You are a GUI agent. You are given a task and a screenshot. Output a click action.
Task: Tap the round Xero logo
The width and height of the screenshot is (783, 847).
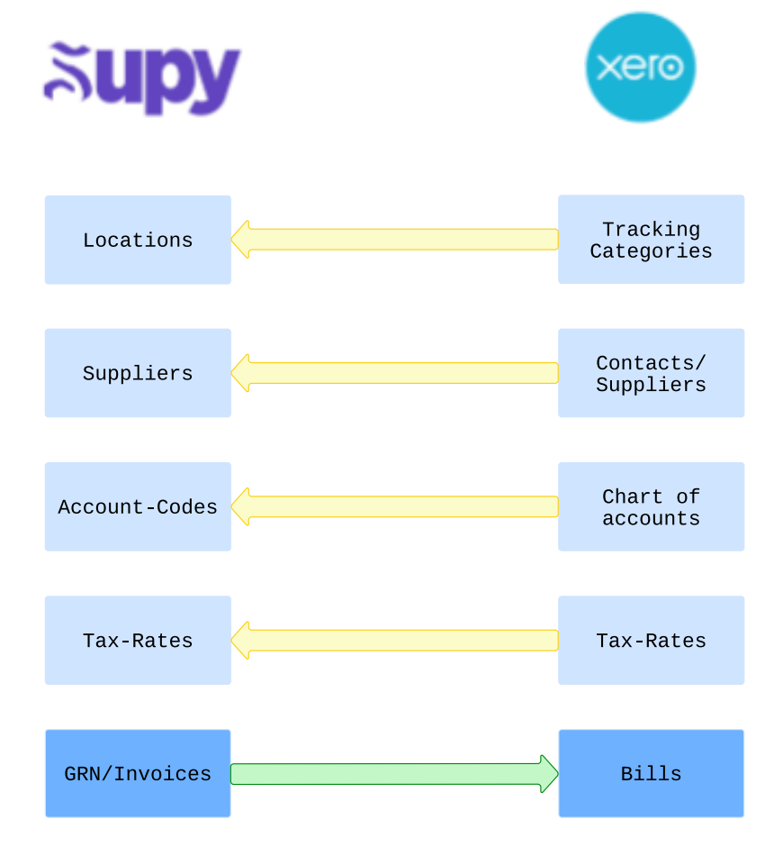click(x=640, y=68)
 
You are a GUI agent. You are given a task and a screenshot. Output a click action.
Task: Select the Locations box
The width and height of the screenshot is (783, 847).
click(x=138, y=240)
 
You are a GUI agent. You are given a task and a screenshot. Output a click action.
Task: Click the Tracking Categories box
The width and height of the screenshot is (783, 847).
click(x=651, y=240)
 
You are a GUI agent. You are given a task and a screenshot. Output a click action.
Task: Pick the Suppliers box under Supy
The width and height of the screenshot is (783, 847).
click(x=138, y=373)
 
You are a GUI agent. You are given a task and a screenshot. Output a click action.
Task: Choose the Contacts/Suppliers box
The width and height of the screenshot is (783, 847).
click(x=651, y=373)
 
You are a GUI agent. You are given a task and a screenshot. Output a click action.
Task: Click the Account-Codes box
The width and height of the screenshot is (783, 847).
click(x=138, y=506)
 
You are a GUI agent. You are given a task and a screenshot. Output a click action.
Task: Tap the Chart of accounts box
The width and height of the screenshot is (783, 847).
click(x=651, y=506)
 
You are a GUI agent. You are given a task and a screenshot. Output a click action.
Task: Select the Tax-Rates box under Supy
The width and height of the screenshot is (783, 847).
click(x=138, y=640)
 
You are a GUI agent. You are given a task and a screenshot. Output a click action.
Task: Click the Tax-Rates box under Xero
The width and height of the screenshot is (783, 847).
click(x=651, y=640)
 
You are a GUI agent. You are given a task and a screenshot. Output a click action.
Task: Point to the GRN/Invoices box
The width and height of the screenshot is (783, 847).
click(x=138, y=773)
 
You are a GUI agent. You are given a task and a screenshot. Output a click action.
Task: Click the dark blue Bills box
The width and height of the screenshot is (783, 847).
click(x=651, y=773)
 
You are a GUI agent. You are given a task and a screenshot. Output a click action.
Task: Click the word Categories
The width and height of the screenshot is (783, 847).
click(x=651, y=251)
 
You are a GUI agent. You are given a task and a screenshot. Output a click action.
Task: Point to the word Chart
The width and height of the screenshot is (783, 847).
click(x=633, y=496)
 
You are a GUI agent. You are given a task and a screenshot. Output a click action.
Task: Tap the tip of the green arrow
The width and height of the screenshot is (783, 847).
click(x=554, y=773)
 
